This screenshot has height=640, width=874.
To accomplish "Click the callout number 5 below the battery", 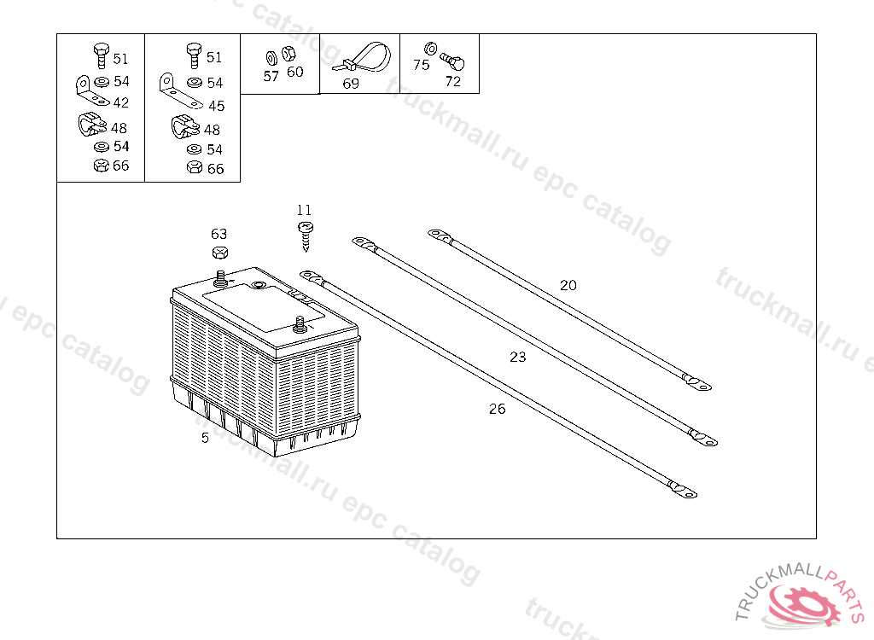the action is click(205, 438).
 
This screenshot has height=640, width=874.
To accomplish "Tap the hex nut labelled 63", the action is click(219, 253).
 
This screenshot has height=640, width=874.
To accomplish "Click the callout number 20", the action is click(568, 285).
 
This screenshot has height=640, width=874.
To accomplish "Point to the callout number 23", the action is click(518, 357).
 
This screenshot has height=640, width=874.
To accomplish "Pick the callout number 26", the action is click(498, 409).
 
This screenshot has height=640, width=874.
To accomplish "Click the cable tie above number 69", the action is click(363, 58).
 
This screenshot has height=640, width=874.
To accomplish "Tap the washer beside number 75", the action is click(430, 48).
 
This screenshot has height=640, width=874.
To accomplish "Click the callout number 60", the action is click(294, 72).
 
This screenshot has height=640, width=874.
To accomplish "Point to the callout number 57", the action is click(271, 75).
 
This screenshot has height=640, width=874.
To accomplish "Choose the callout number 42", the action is click(120, 102).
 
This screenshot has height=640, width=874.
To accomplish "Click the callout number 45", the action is click(216, 106).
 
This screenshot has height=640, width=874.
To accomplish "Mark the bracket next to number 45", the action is click(177, 88).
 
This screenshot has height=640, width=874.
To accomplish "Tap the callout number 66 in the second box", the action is click(215, 169).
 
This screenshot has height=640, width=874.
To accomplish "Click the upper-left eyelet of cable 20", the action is click(438, 233).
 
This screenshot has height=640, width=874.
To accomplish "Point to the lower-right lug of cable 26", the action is click(685, 491).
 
